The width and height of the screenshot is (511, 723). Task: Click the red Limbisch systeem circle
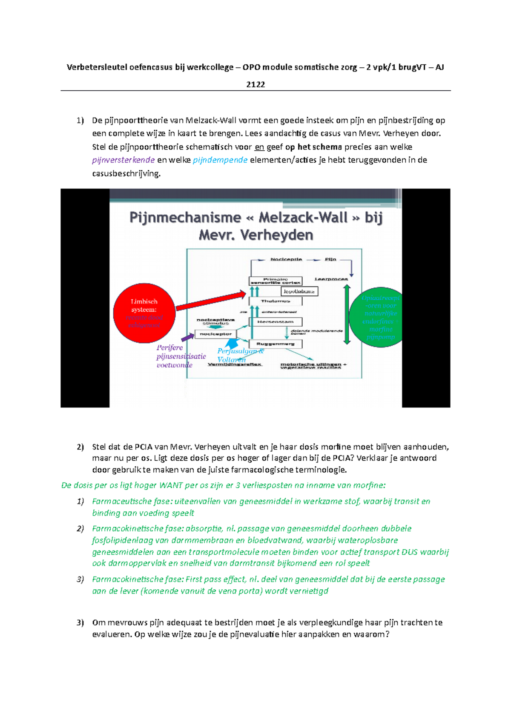144,313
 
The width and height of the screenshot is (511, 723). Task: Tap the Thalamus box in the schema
276,301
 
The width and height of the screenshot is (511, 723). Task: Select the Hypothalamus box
299,291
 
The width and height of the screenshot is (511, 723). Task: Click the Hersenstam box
276,322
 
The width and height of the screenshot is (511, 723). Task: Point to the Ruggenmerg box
276,344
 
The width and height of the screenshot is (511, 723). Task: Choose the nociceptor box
215,334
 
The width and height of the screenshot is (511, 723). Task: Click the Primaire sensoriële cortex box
276,281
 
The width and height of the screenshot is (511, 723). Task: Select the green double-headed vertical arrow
347,314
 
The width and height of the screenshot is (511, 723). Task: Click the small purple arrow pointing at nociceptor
187,338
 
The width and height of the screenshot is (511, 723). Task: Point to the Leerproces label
331,279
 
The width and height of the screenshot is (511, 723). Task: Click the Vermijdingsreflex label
235,364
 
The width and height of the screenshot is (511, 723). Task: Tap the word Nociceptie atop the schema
286,259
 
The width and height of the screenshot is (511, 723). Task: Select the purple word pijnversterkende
123,160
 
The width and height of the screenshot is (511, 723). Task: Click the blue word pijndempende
220,160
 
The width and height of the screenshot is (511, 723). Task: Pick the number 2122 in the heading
255,84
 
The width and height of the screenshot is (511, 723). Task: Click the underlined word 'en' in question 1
259,147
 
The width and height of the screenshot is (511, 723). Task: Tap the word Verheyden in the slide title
276,235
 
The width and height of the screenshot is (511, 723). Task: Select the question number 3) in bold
80,623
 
